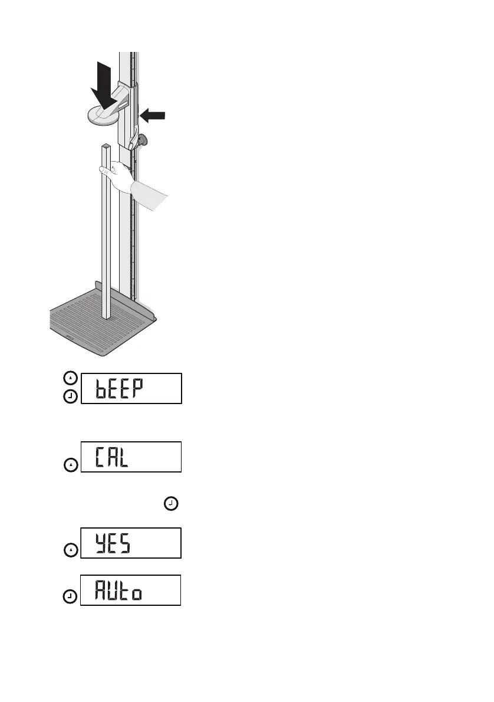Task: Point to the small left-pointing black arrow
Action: (153, 116)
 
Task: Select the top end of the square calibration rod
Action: (105, 146)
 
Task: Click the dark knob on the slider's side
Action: (143, 140)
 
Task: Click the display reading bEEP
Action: (131, 388)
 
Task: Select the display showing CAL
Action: (131, 457)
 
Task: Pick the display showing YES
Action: (131, 543)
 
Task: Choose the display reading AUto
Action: (131, 590)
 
